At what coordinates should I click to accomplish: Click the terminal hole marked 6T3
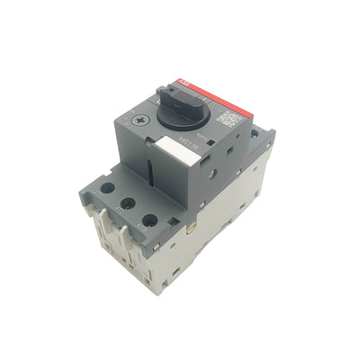click(149, 220)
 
